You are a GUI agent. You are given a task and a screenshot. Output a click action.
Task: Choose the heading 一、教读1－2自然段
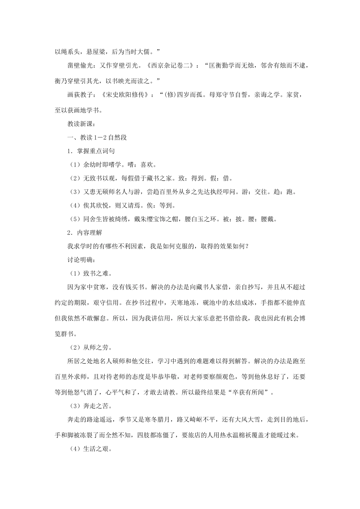(97, 137)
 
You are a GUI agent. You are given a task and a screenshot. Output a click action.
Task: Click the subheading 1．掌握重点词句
(91, 151)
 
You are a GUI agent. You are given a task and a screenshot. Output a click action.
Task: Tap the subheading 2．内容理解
(85, 233)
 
